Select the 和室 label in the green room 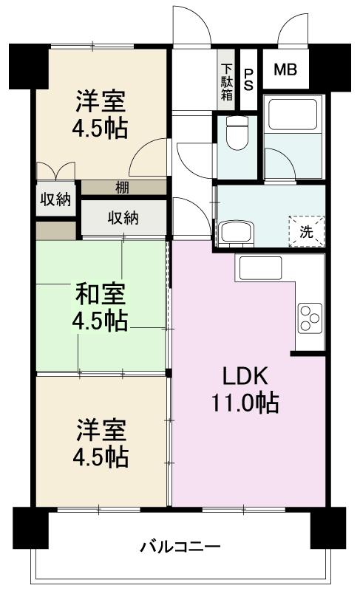[101, 294]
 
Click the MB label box [285, 70]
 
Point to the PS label [249, 78]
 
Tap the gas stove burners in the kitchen [308, 319]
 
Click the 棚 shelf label [122, 188]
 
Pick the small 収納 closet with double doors [55, 199]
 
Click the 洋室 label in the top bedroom [101, 100]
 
